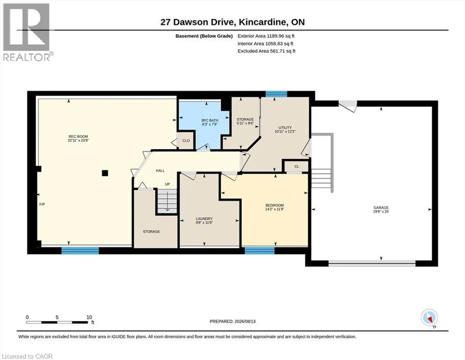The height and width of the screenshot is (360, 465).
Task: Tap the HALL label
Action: [x=160, y=171]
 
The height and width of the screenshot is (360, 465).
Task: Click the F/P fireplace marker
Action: [x=42, y=204]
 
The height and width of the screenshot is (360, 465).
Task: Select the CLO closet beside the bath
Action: [x=186, y=141]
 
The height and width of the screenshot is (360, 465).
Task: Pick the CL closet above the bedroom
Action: [x=297, y=166]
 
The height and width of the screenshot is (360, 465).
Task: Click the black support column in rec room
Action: [x=105, y=172]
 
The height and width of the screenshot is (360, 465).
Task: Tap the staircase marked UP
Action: [x=167, y=201]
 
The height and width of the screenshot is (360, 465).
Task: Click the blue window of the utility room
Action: [x=276, y=94]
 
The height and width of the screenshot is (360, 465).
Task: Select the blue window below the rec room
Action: [x=80, y=250]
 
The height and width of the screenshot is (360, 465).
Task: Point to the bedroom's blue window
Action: [x=259, y=250]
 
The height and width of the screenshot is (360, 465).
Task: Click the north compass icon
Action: [x=429, y=318]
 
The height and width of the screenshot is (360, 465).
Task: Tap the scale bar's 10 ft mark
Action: [x=89, y=317]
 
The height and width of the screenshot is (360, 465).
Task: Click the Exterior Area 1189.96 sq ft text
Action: [x=266, y=36]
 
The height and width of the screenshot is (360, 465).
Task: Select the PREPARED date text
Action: [x=232, y=322]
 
